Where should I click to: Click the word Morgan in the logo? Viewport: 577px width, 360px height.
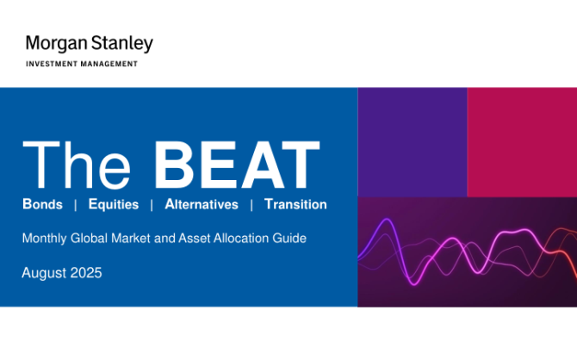point(56,44)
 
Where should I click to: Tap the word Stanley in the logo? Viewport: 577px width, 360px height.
point(121,44)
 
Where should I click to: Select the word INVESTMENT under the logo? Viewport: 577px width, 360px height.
point(52,64)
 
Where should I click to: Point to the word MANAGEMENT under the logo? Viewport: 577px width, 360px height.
point(109,64)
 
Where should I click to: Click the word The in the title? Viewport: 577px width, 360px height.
point(77,164)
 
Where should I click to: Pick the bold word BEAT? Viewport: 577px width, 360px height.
point(237,164)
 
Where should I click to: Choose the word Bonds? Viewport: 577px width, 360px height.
point(43,204)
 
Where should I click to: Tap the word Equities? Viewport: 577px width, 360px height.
point(114,204)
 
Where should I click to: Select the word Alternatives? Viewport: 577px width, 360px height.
point(202,204)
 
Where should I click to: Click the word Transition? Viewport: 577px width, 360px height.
point(295,204)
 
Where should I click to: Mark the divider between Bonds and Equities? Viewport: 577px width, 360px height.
point(76,205)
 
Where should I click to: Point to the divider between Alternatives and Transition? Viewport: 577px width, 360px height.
point(251,205)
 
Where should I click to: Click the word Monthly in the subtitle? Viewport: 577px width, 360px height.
point(45,239)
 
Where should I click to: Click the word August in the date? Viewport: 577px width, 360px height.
point(44,273)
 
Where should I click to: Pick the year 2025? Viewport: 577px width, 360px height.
point(86,273)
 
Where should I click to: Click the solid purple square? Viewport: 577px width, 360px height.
point(413,142)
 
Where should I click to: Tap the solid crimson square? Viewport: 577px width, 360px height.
point(522,142)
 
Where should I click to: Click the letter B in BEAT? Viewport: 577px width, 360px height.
point(174,164)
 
